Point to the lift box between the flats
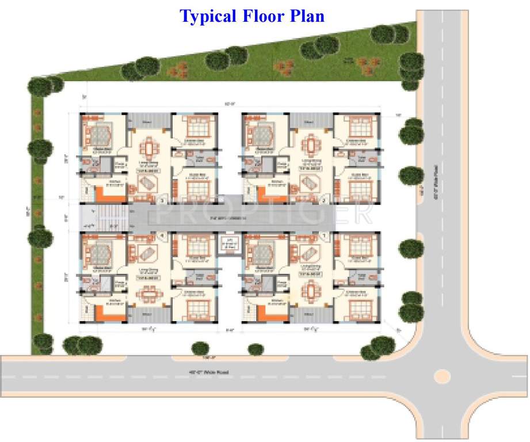click(228, 245)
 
